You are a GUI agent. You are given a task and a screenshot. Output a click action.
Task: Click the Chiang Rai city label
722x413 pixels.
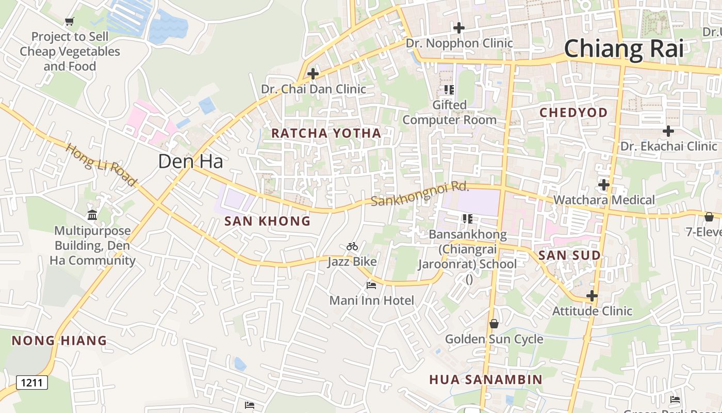click(623, 49)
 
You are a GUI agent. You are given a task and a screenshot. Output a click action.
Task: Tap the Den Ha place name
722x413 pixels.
click(190, 162)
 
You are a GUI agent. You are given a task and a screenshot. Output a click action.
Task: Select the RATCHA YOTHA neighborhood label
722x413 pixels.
click(326, 133)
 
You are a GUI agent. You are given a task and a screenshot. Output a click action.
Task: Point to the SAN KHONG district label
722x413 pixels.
click(267, 221)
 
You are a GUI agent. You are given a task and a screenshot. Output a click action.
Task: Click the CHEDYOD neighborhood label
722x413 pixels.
click(573, 113)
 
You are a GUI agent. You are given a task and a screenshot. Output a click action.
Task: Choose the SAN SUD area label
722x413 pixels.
click(569, 256)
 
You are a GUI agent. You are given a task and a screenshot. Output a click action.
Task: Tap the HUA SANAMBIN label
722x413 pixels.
click(485, 380)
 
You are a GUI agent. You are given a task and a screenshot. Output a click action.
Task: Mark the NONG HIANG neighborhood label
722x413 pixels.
click(59, 341)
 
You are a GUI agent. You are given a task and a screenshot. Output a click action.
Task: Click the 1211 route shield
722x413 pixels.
click(32, 383)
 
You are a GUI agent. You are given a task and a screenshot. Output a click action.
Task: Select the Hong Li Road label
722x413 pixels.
click(101, 164)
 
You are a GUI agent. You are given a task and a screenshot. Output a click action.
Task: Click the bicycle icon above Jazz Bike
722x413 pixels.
click(352, 247)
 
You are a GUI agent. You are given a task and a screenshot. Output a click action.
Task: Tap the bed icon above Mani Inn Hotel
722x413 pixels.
click(371, 285)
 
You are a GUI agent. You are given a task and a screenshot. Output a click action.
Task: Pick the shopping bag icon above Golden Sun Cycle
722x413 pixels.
click(494, 324)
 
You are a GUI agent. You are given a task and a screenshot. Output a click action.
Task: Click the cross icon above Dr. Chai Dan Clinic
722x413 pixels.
click(313, 74)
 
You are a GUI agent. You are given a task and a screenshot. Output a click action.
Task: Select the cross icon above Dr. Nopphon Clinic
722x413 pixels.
click(458, 28)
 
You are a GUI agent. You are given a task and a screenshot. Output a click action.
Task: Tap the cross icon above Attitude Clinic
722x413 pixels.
click(592, 296)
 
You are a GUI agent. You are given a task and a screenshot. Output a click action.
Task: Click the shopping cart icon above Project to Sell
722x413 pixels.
click(69, 21)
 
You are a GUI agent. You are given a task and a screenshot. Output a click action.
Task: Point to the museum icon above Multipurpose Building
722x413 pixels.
click(92, 215)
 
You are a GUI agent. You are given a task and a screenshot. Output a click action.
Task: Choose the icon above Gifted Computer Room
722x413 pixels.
click(449, 90)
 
